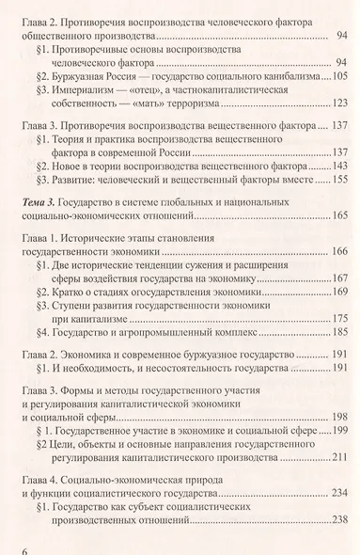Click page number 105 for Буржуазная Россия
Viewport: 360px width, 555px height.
click(336, 74)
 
